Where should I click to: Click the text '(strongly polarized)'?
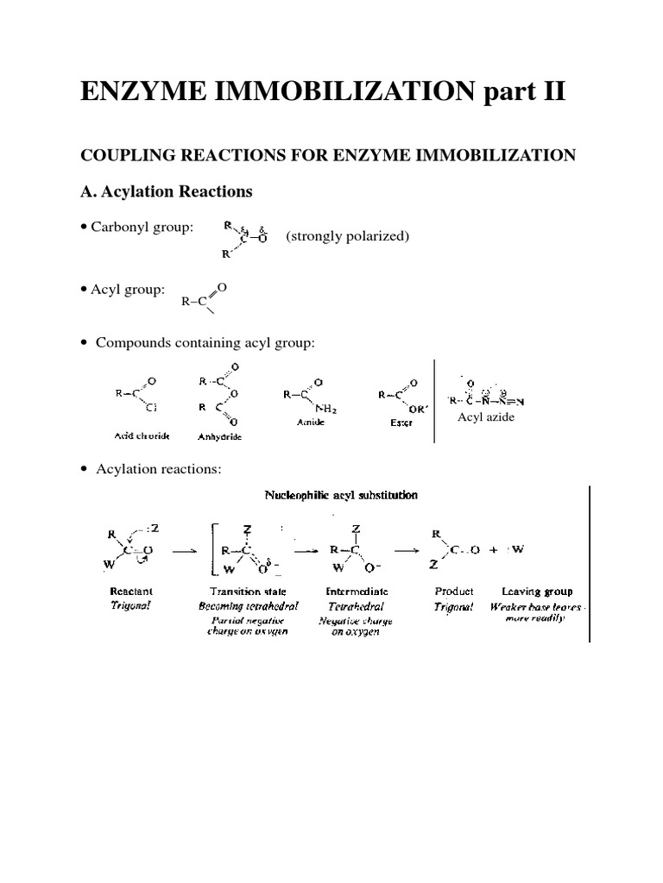[x=347, y=236]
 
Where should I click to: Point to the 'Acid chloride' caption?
[x=139, y=436]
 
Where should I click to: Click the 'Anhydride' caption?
[x=219, y=436]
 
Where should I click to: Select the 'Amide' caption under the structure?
[x=303, y=425]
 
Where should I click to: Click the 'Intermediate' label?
[x=357, y=592]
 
